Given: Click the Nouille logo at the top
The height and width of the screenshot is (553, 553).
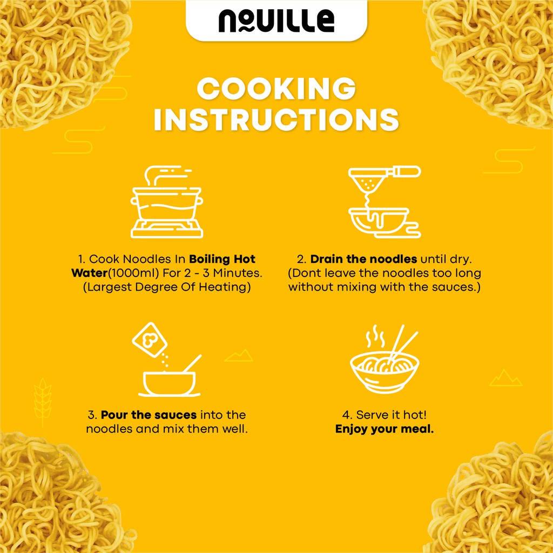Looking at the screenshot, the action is click(276, 21).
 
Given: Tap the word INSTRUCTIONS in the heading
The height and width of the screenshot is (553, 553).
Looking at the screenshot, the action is click(276, 119).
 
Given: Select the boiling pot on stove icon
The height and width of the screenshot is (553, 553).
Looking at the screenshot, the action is click(167, 202).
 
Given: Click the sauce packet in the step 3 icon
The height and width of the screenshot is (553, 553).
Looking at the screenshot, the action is click(150, 339).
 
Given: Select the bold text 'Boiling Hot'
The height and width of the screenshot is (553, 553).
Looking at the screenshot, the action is click(222, 259).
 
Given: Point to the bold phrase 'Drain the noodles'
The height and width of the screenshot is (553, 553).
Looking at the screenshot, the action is click(363, 259).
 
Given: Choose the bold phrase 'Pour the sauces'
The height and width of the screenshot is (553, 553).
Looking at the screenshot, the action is click(149, 415).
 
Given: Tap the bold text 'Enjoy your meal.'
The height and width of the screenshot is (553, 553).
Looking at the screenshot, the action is click(385, 429).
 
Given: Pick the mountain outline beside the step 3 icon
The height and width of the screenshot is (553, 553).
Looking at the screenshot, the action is click(239, 356).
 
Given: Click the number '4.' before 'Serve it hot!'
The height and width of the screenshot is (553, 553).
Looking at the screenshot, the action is click(347, 415).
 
